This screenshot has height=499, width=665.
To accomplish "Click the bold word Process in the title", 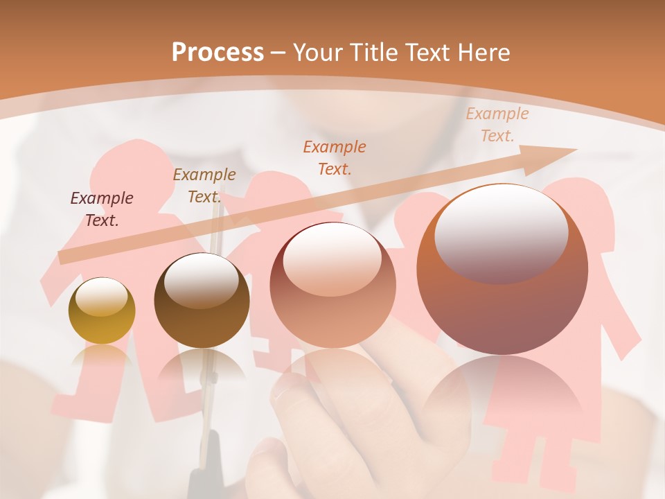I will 218,52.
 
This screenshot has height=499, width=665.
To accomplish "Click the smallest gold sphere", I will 102,310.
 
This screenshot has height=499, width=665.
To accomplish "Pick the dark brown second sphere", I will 202,300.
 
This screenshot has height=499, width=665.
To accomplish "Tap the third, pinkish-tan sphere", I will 332,285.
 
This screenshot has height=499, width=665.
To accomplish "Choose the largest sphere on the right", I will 502,269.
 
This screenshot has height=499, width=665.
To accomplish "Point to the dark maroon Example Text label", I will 102,209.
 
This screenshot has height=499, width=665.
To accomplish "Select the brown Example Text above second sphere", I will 204,185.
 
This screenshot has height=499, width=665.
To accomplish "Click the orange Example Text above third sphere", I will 335,157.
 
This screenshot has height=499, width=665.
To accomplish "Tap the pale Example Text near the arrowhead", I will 497,125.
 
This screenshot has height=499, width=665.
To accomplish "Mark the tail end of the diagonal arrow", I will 64,257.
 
